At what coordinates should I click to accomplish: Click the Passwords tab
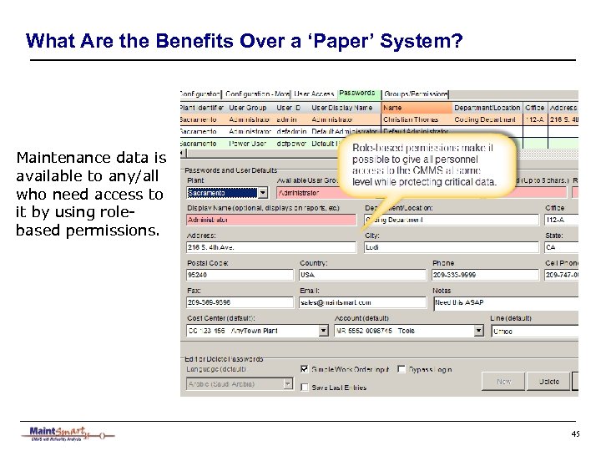[357, 94]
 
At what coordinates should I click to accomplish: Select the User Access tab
[314, 94]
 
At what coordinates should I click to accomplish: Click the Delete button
[548, 381]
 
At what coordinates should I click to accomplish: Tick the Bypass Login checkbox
[402, 369]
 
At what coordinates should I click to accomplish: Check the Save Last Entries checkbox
[305, 387]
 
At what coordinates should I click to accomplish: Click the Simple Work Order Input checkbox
[305, 369]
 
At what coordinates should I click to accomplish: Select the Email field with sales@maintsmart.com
[363, 302]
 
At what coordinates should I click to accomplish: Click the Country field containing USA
[363, 275]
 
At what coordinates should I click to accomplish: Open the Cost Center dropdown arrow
[324, 331]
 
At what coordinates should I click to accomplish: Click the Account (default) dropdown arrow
[479, 331]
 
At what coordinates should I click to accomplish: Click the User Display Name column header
[343, 108]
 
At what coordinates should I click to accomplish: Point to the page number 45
[575, 433]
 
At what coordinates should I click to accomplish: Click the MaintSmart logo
[67, 433]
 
